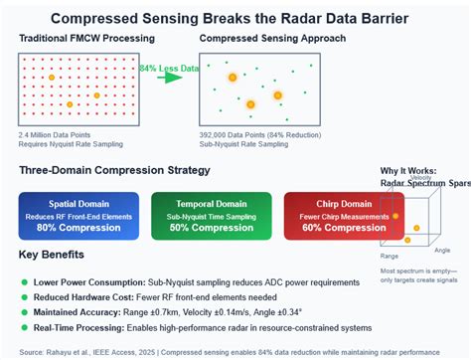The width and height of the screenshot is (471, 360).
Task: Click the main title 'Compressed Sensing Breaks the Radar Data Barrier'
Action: click(x=235, y=17)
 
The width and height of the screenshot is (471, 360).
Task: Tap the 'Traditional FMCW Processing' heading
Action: click(x=82, y=38)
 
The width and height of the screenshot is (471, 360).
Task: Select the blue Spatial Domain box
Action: click(x=78, y=216)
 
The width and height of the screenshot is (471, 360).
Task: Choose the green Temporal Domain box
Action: click(x=211, y=216)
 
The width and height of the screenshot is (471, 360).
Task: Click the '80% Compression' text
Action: click(x=78, y=228)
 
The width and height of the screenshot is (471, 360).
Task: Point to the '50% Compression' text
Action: click(x=211, y=228)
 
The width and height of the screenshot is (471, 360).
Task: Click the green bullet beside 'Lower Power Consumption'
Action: click(x=24, y=280)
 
